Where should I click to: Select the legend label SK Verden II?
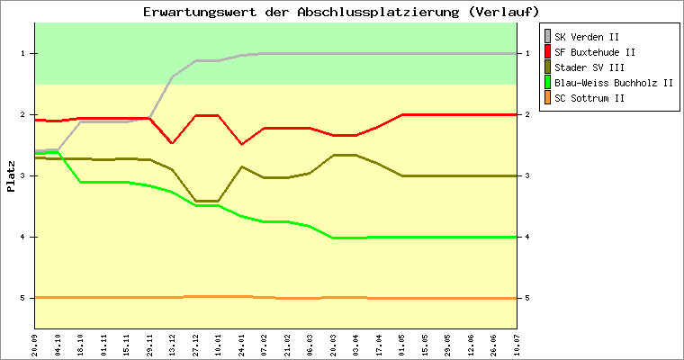(x=587, y=37)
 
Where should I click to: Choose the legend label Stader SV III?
(x=589, y=67)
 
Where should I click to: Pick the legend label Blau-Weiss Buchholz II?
(x=614, y=83)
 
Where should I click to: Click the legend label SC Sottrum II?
(x=589, y=98)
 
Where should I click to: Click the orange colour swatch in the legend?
(x=547, y=98)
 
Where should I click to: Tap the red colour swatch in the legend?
(x=547, y=52)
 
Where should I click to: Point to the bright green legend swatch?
(x=547, y=83)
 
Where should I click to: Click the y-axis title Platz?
(x=11, y=175)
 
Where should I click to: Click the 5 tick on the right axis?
(x=527, y=298)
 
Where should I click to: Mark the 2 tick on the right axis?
(x=527, y=115)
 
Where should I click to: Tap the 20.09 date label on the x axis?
(x=35, y=343)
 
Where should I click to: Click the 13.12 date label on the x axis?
(x=173, y=343)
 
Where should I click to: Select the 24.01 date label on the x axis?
(x=241, y=343)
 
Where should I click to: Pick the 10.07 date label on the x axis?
(x=517, y=343)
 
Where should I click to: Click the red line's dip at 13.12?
(x=172, y=143)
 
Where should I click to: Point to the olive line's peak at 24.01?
(x=241, y=166)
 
